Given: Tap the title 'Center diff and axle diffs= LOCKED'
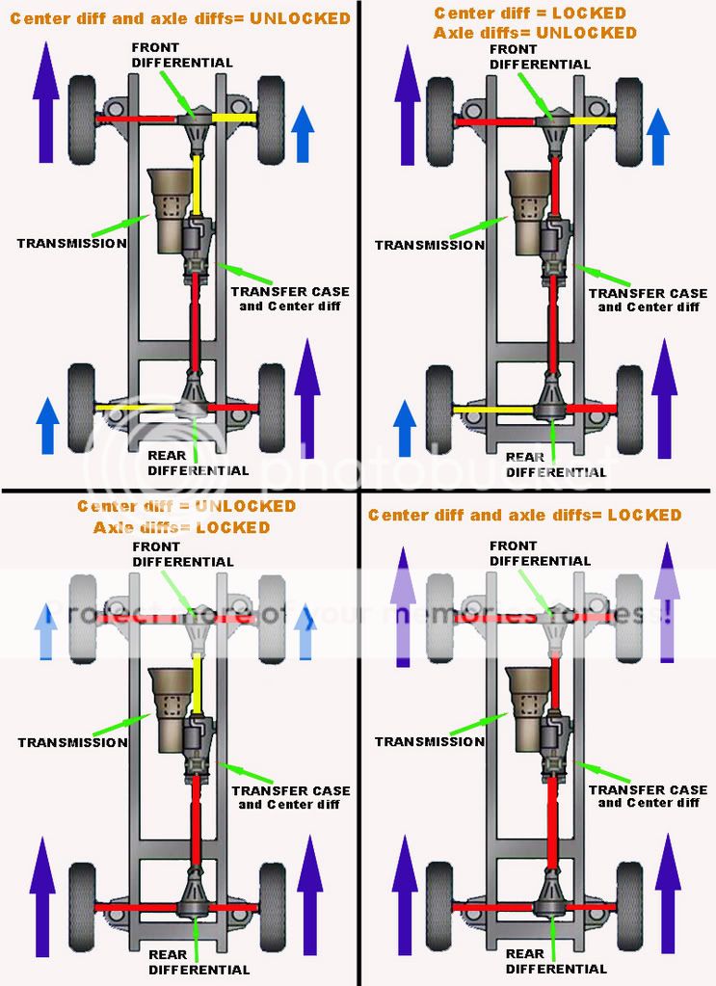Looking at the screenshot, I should [x=524, y=515].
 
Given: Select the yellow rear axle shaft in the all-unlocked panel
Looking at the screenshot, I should [x=135, y=408].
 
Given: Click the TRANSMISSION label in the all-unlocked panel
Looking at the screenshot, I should [x=71, y=244].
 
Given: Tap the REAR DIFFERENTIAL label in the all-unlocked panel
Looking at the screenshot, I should [x=198, y=463].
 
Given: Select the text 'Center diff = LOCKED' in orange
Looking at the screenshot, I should [x=529, y=13].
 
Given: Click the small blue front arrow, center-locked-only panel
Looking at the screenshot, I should [x=659, y=135].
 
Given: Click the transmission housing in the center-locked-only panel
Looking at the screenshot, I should [x=524, y=207].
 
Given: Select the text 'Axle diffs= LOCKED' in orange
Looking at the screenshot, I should [x=181, y=527].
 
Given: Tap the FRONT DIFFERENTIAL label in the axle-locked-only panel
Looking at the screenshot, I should [x=183, y=554].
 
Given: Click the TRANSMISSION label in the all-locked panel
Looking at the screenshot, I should [x=429, y=741].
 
